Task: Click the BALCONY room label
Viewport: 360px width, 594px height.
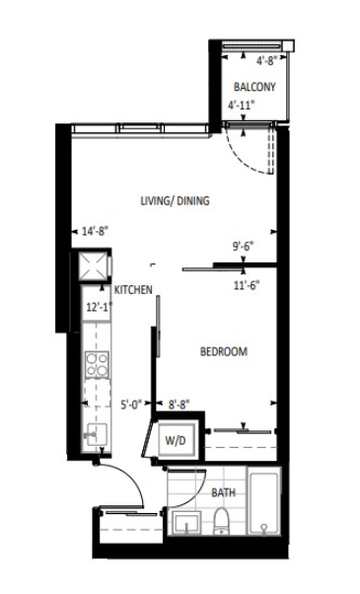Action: pyautogui.click(x=254, y=87)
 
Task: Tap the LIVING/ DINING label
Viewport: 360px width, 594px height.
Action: pyautogui.click(x=175, y=200)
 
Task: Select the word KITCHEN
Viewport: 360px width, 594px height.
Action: pyautogui.click(x=133, y=290)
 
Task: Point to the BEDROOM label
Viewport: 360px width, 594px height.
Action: pyautogui.click(x=224, y=351)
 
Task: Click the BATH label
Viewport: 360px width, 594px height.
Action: pyautogui.click(x=223, y=492)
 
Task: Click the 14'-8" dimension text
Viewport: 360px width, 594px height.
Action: pyautogui.click(x=96, y=231)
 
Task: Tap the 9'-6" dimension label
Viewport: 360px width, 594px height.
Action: pyautogui.click(x=243, y=247)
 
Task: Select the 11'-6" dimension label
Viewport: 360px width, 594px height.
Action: pyautogui.click(x=247, y=285)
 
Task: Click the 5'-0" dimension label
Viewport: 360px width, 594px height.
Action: pyautogui.click(x=131, y=405)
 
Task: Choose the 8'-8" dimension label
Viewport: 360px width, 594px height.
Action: pyautogui.click(x=180, y=405)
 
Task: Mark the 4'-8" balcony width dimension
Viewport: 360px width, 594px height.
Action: pyautogui.click(x=267, y=60)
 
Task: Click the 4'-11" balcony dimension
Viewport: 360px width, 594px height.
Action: pyautogui.click(x=240, y=105)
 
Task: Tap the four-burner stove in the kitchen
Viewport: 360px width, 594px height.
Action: pyautogui.click(x=98, y=364)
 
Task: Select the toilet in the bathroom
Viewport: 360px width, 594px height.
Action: pyautogui.click(x=222, y=522)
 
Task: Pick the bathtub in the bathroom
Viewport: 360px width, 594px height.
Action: pyautogui.click(x=264, y=500)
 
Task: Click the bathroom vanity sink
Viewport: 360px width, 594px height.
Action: pyautogui.click(x=186, y=523)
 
